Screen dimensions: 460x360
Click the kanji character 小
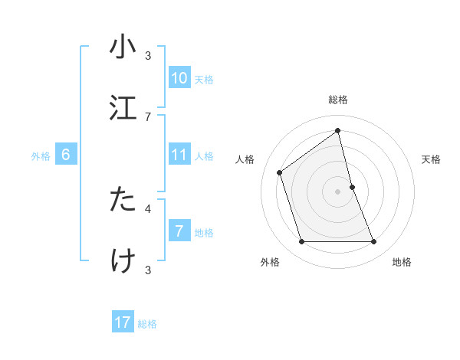click(x=123, y=47)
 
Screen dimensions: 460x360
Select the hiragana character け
click(x=123, y=260)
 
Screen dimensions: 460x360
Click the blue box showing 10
click(x=179, y=78)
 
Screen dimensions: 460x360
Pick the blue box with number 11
click(x=179, y=155)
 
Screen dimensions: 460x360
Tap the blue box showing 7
click(x=179, y=231)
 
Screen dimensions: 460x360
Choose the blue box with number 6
click(x=66, y=155)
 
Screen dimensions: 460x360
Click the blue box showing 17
click(x=123, y=322)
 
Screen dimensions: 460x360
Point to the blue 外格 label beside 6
click(x=41, y=155)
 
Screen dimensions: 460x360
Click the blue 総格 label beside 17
click(x=147, y=323)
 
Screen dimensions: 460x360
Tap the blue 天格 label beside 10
click(x=204, y=79)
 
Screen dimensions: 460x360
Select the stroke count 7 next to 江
click(x=148, y=116)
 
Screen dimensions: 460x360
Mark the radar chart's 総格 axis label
click(x=338, y=100)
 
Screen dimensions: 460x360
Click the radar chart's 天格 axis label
click(x=432, y=159)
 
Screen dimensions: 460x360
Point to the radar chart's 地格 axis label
click(x=402, y=262)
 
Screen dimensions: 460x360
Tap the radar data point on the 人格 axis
click(x=280, y=172)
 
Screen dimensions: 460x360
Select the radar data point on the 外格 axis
click(x=301, y=242)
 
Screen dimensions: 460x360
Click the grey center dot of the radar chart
click(x=338, y=191)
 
